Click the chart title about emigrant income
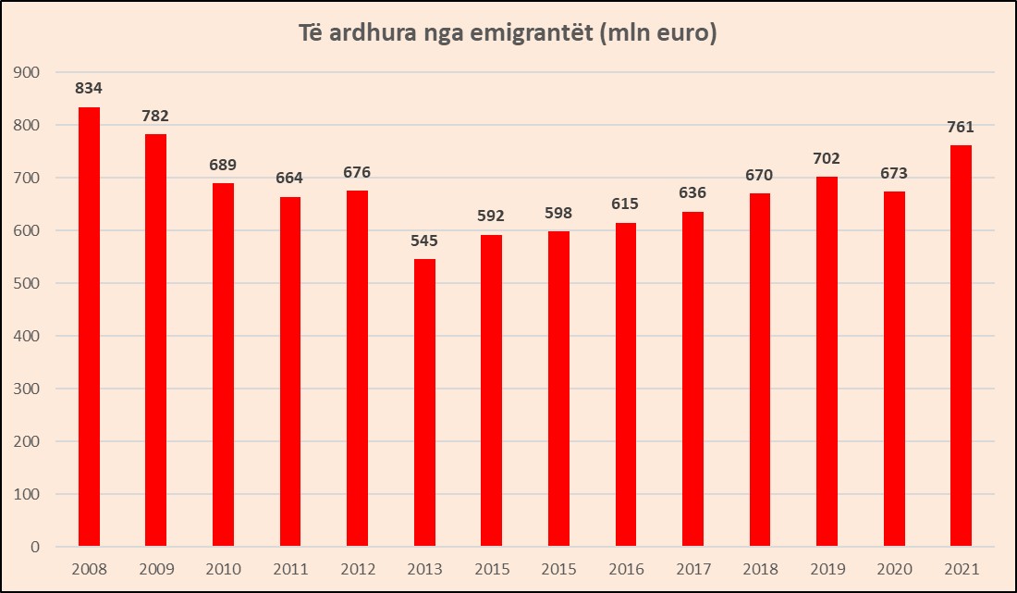[x=508, y=34]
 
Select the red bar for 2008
[x=89, y=327]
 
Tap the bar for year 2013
[x=424, y=402]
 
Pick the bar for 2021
[x=961, y=345]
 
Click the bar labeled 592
[x=491, y=390]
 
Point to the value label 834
[x=89, y=89]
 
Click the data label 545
[x=424, y=241]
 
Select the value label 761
[x=961, y=127]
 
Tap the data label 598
[x=558, y=213]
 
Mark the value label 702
[x=827, y=158]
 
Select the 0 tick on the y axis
[x=35, y=547]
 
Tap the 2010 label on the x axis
[x=223, y=569]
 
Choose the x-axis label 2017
[x=692, y=569]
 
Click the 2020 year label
[x=894, y=569]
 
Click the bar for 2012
[x=357, y=368]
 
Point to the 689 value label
[x=223, y=165]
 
